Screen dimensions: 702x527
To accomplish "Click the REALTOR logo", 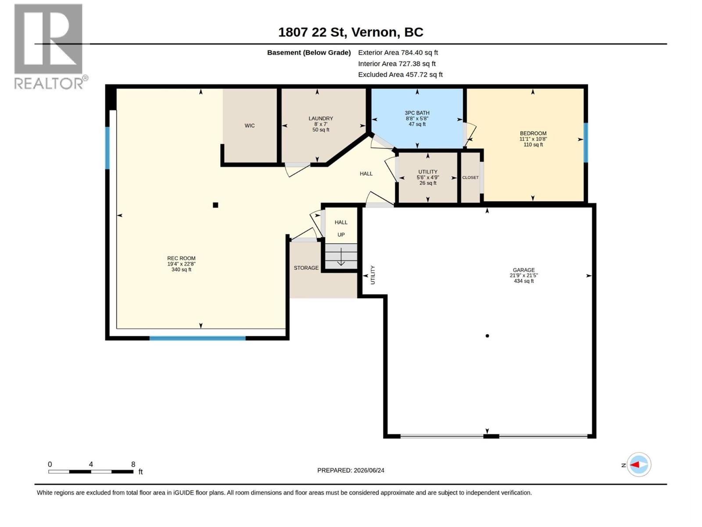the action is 50,47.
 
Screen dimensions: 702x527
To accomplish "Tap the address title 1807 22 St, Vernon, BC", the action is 351,32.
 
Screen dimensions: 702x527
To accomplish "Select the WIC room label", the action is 250,126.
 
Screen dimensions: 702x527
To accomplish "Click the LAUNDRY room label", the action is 321,119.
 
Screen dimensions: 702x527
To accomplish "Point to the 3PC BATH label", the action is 417,113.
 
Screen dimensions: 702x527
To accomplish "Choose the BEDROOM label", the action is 533,134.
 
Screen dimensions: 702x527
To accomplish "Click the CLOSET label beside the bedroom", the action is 470,177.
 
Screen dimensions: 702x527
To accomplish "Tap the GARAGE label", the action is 524,270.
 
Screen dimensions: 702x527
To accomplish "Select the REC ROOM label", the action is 181,258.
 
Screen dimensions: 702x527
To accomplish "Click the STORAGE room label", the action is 306,268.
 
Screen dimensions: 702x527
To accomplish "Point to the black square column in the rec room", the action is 215,205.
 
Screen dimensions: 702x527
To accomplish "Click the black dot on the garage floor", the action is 487,336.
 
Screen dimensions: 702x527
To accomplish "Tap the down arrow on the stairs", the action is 341,256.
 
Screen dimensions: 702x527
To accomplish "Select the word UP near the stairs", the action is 341,235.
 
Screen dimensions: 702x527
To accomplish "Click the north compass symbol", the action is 639,465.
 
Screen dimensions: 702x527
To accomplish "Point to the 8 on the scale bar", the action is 133,464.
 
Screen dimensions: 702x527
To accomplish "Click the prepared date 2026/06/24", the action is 369,470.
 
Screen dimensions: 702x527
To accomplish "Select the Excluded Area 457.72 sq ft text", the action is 401,75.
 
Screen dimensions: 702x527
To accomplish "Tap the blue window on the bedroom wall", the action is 586,143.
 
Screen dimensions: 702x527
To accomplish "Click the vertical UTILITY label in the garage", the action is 372,275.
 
